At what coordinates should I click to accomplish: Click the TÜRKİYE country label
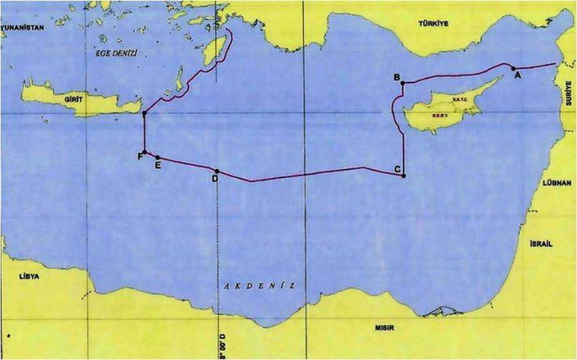[435, 23]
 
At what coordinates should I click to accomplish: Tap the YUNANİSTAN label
[22, 27]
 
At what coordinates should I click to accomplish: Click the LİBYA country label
[28, 276]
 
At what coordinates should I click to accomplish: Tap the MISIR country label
[384, 327]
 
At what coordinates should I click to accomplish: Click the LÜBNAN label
[557, 182]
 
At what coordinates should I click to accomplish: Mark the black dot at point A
[513, 68]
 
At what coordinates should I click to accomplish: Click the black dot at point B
[403, 83]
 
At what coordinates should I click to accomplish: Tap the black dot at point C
[404, 175]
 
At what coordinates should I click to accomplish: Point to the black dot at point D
[217, 171]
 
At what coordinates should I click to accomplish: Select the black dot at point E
[158, 157]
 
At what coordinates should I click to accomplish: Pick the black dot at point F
[145, 152]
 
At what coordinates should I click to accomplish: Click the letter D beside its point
[215, 179]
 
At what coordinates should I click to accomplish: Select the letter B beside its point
[396, 77]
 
